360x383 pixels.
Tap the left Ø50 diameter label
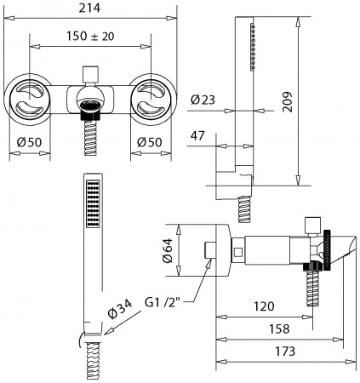(x=30, y=142)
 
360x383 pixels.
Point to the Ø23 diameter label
(x=203, y=100)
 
